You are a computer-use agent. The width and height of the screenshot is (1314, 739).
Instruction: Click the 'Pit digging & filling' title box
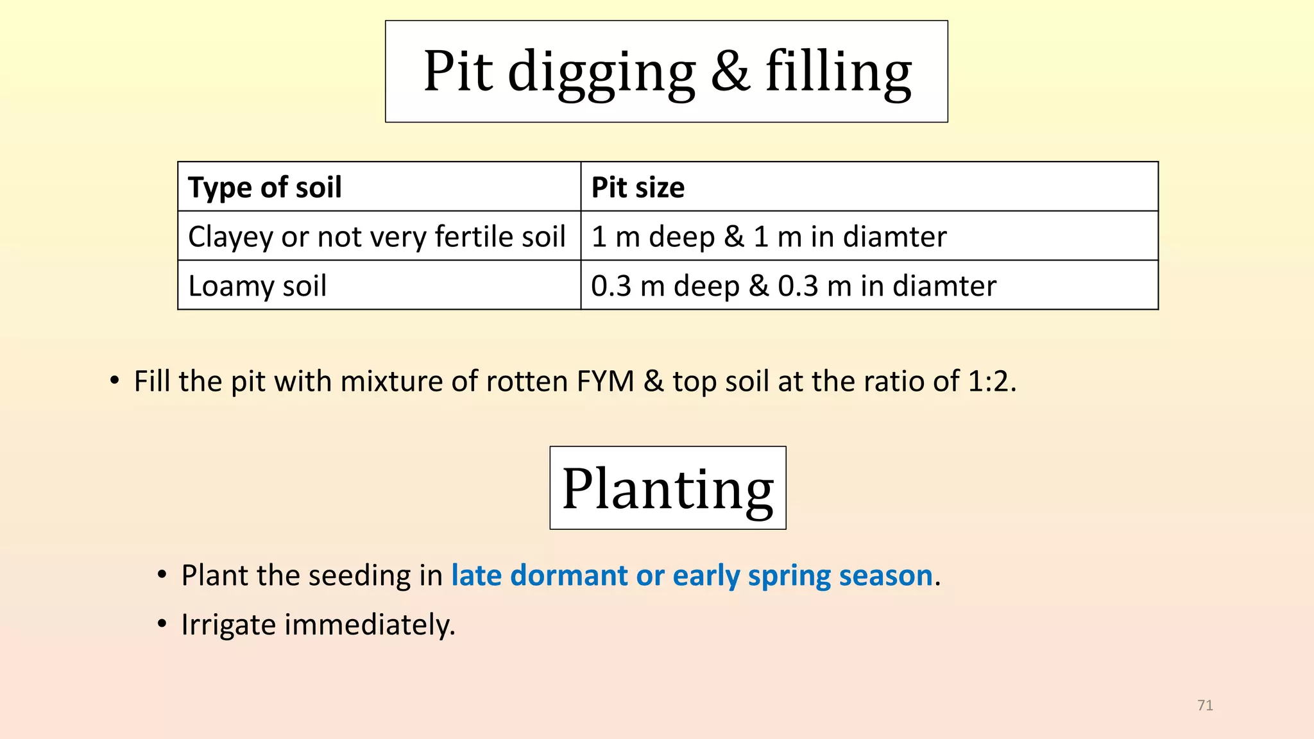(667, 71)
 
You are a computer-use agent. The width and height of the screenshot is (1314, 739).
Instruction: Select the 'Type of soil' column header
(379, 187)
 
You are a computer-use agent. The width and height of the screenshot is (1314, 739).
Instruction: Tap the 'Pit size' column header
(869, 187)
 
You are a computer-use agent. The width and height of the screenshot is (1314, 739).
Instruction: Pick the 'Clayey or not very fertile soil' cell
(379, 236)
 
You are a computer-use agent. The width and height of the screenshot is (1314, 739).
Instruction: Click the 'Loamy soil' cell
(379, 285)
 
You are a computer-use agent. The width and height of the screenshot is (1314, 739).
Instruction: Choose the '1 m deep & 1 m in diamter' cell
(869, 236)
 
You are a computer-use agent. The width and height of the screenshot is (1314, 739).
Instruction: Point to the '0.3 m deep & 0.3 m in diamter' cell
(869, 285)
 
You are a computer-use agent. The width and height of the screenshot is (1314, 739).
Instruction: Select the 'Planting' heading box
(668, 488)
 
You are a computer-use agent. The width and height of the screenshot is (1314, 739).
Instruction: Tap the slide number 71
(1205, 705)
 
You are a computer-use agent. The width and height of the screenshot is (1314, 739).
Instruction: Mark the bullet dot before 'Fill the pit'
(114, 381)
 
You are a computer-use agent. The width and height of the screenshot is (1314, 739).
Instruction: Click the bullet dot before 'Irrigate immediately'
(162, 624)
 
